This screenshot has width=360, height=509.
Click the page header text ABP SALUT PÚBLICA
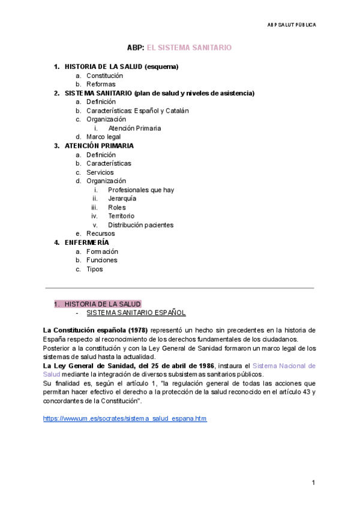click(291, 25)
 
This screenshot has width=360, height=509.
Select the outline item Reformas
click(101, 85)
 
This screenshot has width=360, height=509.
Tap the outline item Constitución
click(104, 76)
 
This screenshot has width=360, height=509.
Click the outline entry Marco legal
click(103, 137)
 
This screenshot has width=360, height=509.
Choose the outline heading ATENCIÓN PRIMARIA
click(99, 146)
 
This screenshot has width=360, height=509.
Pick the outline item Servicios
click(100, 172)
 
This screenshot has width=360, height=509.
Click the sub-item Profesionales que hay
click(141, 190)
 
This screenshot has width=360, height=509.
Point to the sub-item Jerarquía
click(122, 199)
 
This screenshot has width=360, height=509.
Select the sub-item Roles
click(117, 208)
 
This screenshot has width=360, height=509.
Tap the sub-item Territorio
click(121, 216)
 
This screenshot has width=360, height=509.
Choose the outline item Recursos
click(100, 233)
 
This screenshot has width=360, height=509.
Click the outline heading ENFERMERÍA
click(87, 242)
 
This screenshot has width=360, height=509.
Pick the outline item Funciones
click(102, 261)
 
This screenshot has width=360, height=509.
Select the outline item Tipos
click(94, 269)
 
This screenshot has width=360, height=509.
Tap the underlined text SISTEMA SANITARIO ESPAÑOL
click(136, 313)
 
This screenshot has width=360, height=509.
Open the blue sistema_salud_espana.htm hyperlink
click(125, 418)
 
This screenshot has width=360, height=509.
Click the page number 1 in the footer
click(313, 483)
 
